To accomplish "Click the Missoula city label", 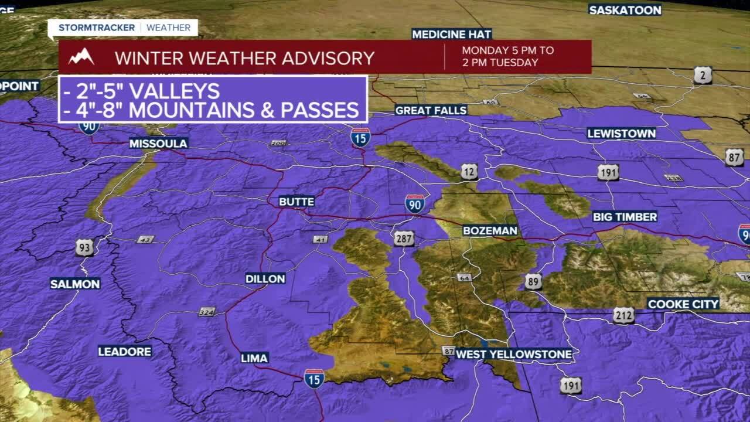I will pyautogui.click(x=158, y=144).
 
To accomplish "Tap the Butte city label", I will pyautogui.click(x=296, y=202).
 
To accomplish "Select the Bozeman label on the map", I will pyautogui.click(x=490, y=231).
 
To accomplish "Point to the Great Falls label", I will pyautogui.click(x=431, y=110).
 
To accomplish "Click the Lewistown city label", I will pyautogui.click(x=621, y=134).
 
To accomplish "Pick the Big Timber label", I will pyautogui.click(x=625, y=217).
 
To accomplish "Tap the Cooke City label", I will pyautogui.click(x=683, y=304).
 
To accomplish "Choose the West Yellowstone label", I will pyautogui.click(x=513, y=354).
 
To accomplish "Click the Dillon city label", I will pyautogui.click(x=265, y=279).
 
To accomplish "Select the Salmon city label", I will pyautogui.click(x=75, y=284).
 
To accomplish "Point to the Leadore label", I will pyautogui.click(x=125, y=352).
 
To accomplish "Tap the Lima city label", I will pyautogui.click(x=254, y=358).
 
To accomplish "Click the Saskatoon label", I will pyautogui.click(x=625, y=10).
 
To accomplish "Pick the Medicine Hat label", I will pyautogui.click(x=451, y=34).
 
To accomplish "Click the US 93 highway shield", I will pyautogui.click(x=84, y=247).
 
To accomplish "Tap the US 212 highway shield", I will pyautogui.click(x=624, y=316).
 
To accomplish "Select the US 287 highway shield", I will pyautogui.click(x=404, y=239).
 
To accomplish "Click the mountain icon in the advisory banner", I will pyautogui.click(x=81, y=57).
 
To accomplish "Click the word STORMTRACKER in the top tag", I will pyautogui.click(x=97, y=28).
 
